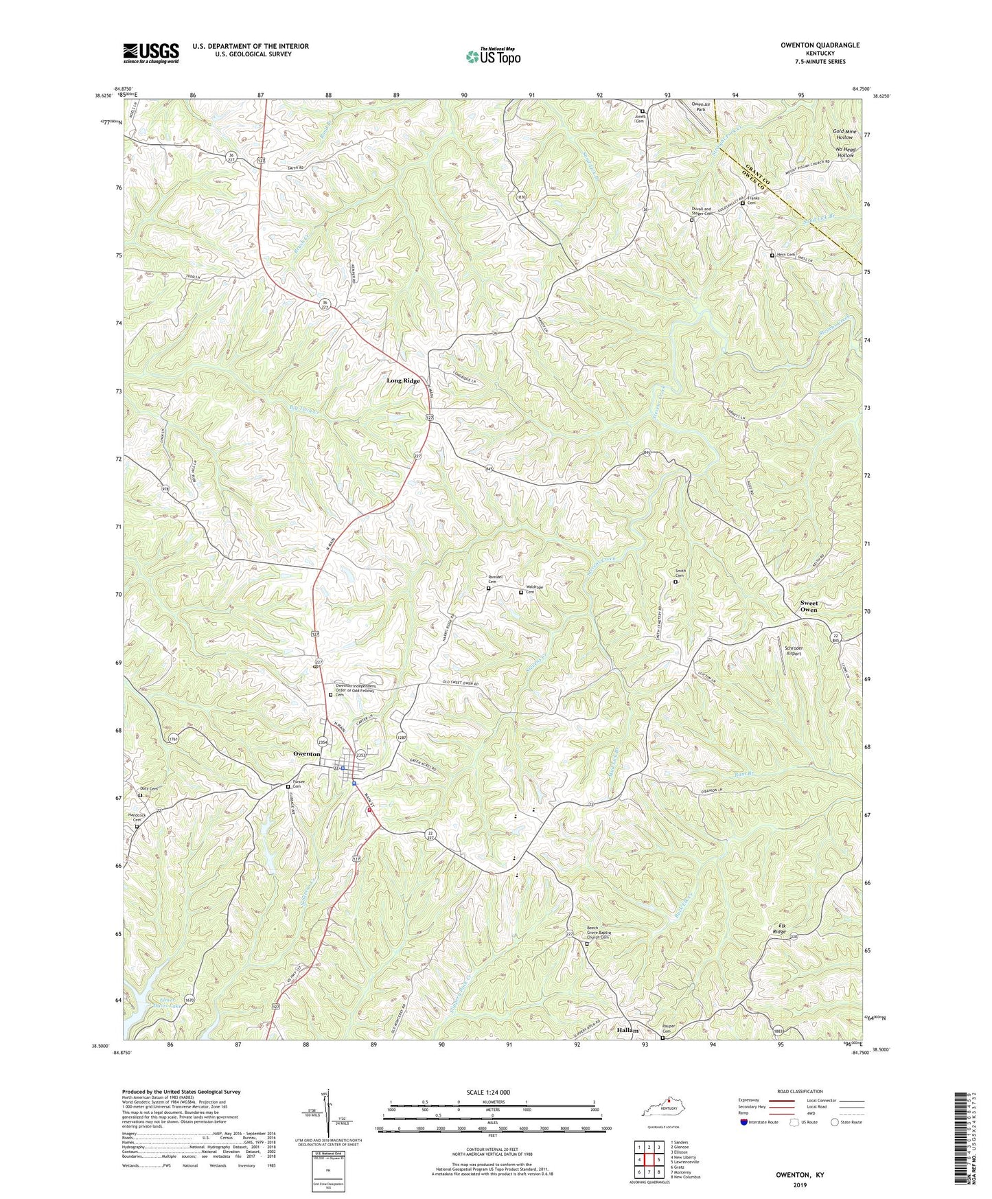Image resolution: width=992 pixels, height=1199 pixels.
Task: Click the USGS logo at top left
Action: [x=151, y=53]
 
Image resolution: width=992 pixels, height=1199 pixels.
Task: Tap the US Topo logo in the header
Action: [x=492, y=56]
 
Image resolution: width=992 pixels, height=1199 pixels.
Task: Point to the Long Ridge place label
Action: [x=403, y=380]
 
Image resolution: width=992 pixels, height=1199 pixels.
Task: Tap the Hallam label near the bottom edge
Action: [x=627, y=1031]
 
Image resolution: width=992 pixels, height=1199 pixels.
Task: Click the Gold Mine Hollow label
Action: [x=844, y=134]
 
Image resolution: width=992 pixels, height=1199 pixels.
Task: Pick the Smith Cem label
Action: [x=680, y=573]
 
